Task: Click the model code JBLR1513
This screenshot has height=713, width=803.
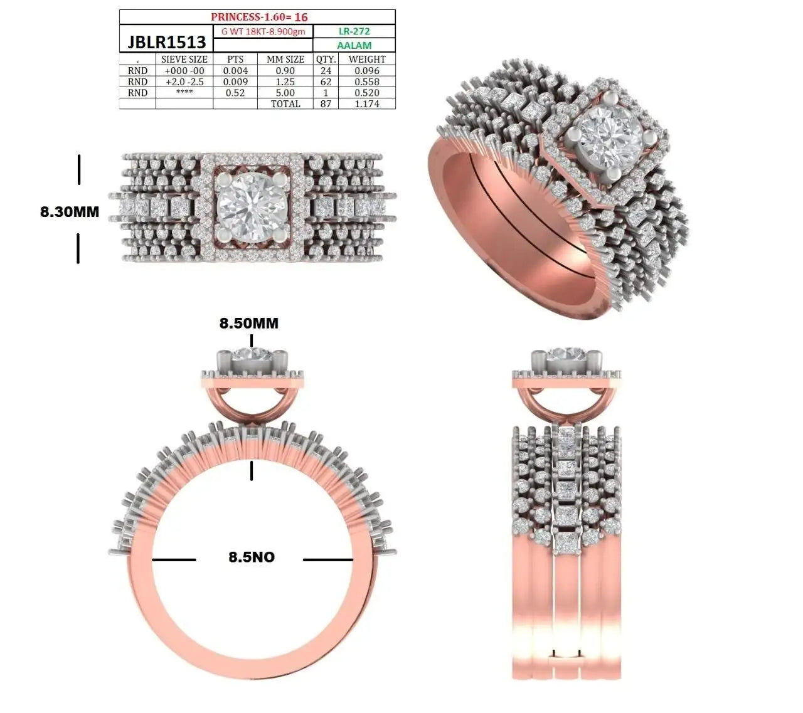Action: [x=166, y=42]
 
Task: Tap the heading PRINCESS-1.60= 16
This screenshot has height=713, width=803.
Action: [x=259, y=17]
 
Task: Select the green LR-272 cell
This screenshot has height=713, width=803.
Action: [x=354, y=31]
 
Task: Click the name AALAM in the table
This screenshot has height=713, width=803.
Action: [x=354, y=46]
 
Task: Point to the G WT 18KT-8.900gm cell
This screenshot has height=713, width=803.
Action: [x=263, y=32]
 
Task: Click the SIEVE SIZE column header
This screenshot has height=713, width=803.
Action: [x=184, y=60]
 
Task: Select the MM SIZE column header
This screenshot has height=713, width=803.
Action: [x=285, y=60]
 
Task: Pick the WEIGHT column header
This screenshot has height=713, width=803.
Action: [x=367, y=60]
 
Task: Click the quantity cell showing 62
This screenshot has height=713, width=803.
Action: [x=326, y=82]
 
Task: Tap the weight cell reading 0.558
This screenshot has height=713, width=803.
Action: [x=367, y=82]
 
